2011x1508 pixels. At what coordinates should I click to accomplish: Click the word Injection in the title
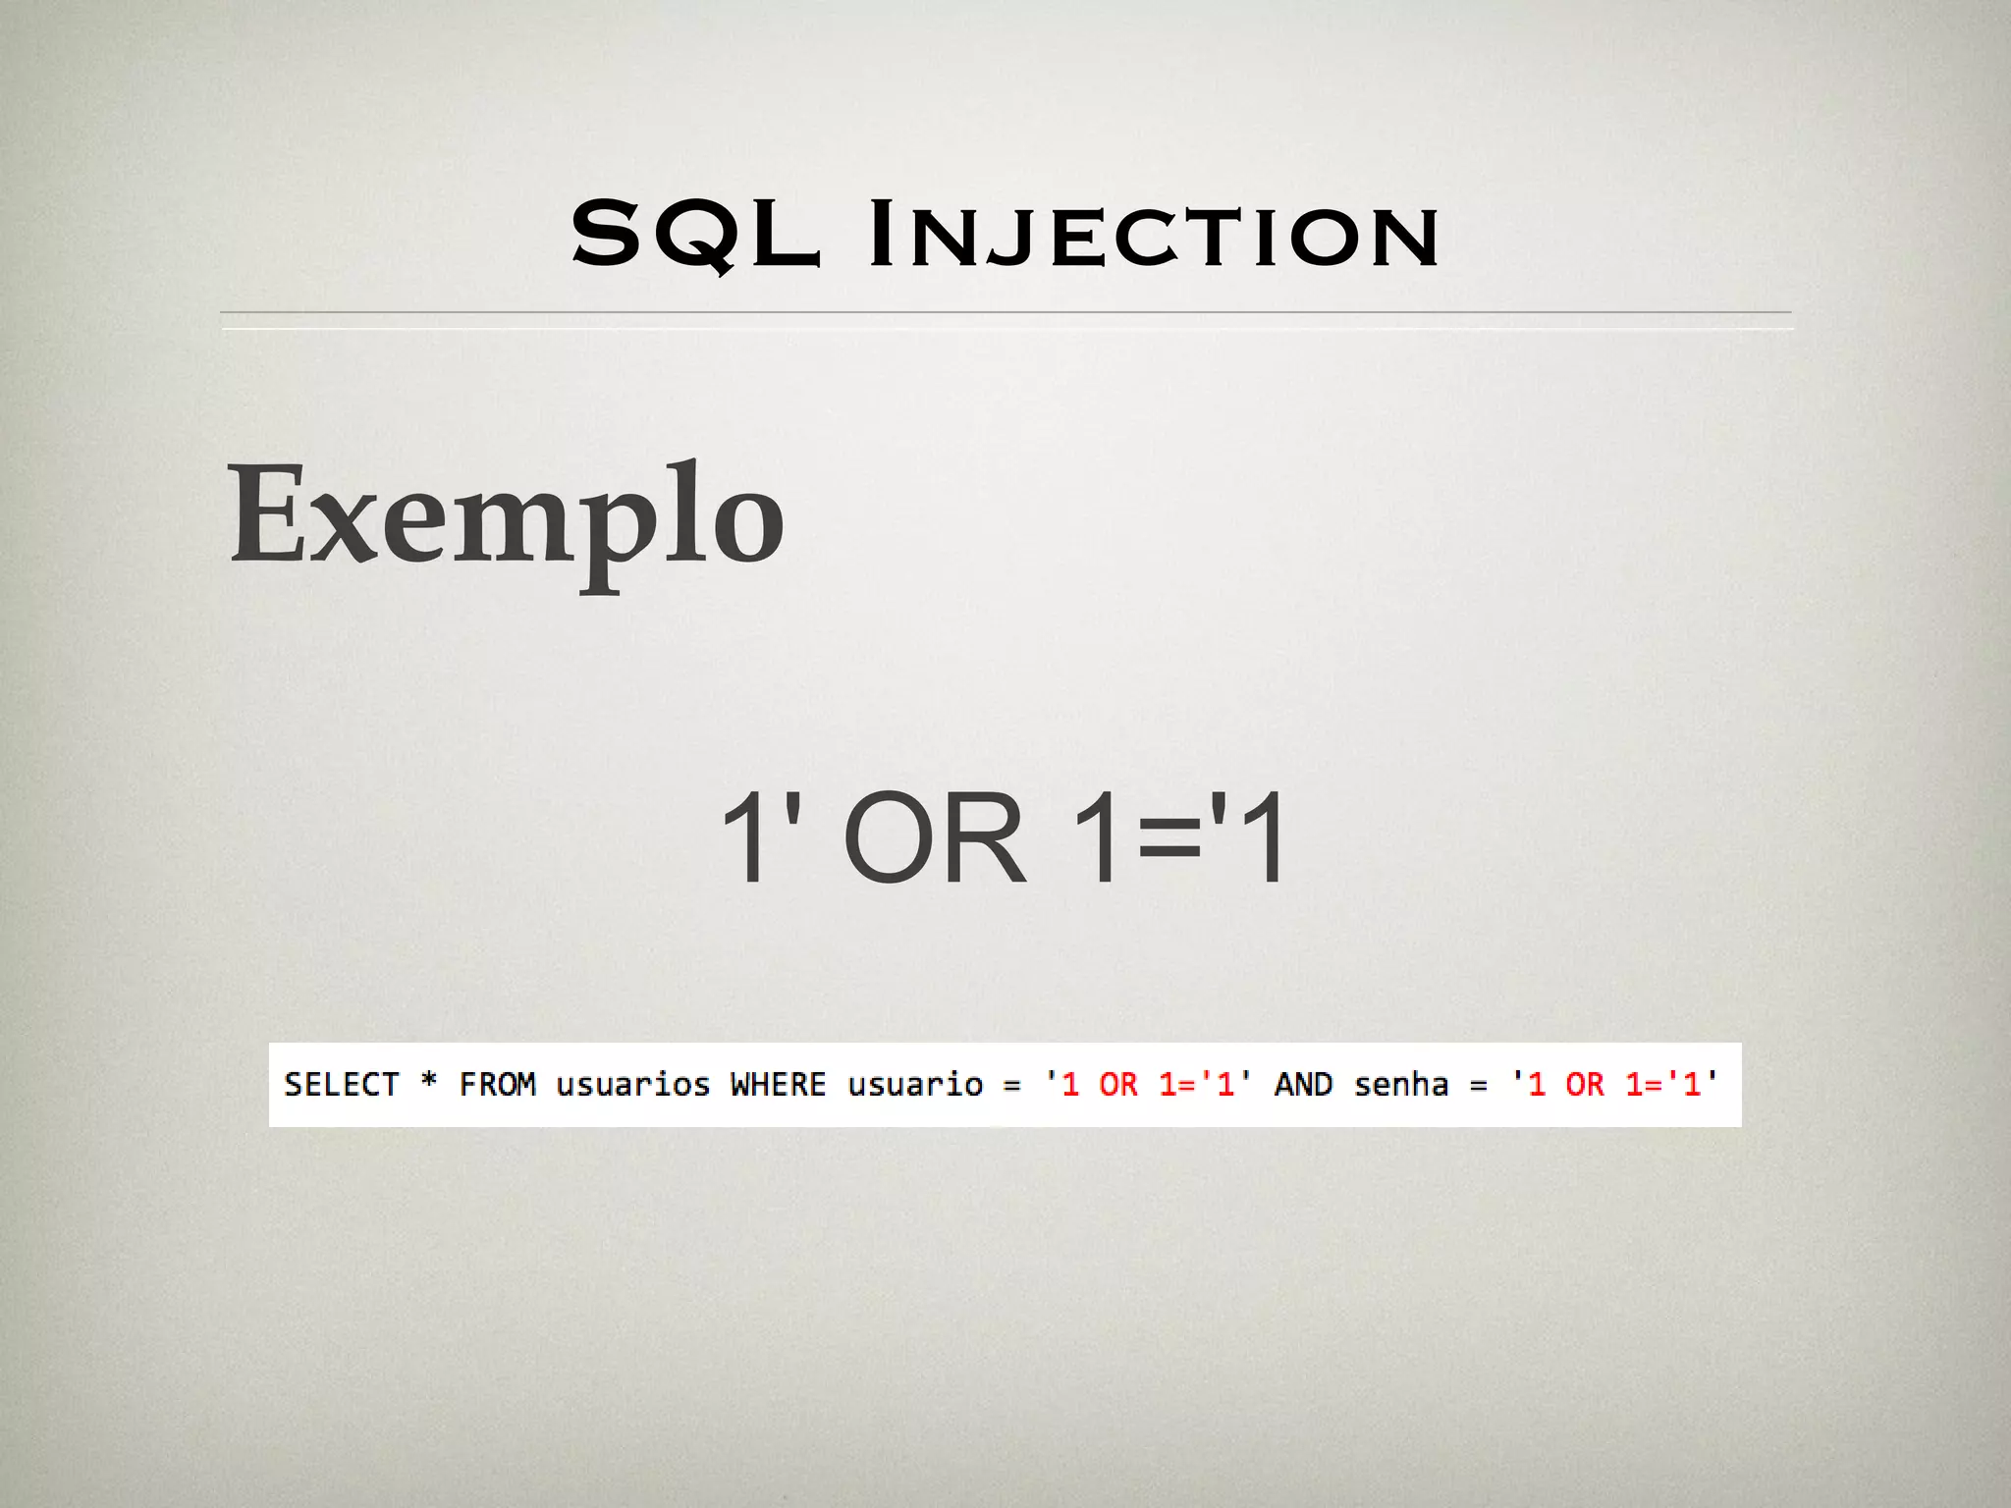point(1155,236)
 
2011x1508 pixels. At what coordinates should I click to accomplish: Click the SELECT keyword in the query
point(341,1085)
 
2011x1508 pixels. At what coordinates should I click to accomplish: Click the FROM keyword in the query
point(497,1085)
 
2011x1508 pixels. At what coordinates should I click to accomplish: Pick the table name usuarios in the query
point(632,1085)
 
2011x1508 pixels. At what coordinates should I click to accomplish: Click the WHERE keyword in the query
point(778,1085)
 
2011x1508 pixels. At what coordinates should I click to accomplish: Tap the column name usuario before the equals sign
point(914,1085)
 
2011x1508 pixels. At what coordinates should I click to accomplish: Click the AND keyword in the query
point(1303,1085)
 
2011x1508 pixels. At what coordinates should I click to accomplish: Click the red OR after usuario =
point(1118,1085)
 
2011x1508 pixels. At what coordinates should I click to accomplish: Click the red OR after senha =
point(1584,1085)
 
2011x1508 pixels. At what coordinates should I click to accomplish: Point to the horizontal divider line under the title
point(1005,313)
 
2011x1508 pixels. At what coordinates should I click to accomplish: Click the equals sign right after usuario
point(1011,1086)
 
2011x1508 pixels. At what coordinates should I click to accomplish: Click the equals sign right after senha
point(1478,1086)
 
